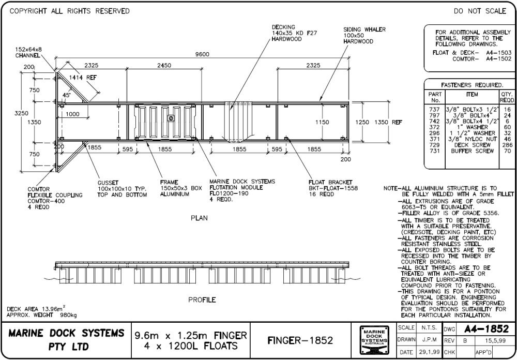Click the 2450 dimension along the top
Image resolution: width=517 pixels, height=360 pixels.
(x=166, y=65)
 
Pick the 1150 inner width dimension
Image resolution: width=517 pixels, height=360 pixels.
(x=323, y=123)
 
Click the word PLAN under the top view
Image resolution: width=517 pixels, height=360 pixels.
(x=199, y=218)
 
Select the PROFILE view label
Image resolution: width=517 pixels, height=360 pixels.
(x=202, y=300)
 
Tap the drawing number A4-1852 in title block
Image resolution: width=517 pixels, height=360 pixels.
(x=486, y=328)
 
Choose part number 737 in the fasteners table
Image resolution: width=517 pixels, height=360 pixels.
(x=434, y=110)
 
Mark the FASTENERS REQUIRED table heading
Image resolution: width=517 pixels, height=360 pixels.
(x=471, y=85)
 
